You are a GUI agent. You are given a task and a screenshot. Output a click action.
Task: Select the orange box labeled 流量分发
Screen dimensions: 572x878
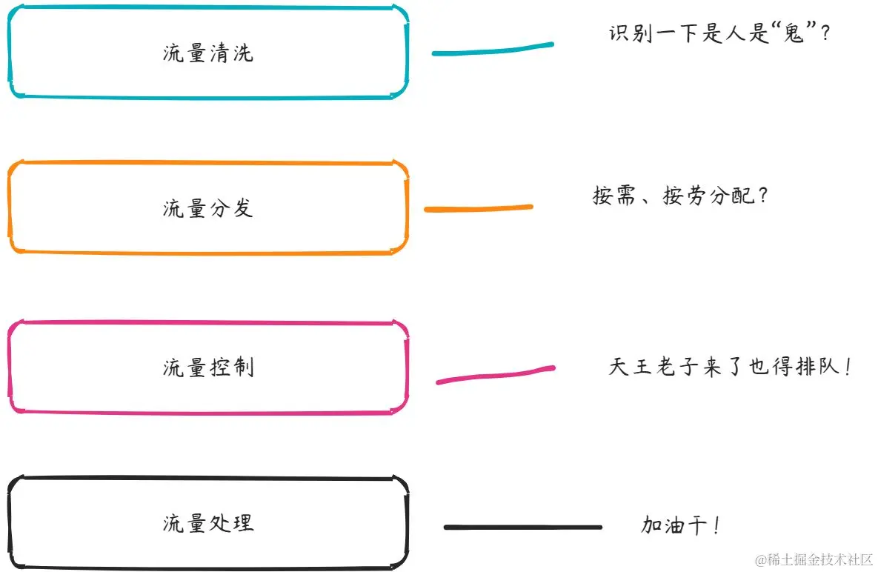pyautogui.click(x=207, y=208)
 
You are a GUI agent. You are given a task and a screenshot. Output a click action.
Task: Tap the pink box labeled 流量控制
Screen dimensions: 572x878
pyautogui.click(x=207, y=368)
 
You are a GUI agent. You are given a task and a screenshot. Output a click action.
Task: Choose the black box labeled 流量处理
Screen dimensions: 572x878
pyautogui.click(x=207, y=523)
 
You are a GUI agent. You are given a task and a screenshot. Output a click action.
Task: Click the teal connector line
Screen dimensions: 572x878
pyautogui.click(x=493, y=50)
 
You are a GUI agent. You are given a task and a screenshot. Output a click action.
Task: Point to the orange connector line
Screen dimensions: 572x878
pyautogui.click(x=478, y=208)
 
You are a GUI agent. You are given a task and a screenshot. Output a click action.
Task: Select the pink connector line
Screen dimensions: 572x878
pyautogui.click(x=495, y=374)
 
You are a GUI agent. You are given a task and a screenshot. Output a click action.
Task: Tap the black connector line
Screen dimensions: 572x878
pyautogui.click(x=522, y=528)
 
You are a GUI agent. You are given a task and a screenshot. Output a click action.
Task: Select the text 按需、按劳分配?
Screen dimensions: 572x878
pyautogui.click(x=680, y=196)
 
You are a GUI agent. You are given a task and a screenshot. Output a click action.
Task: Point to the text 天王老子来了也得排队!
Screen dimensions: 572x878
pyautogui.click(x=730, y=367)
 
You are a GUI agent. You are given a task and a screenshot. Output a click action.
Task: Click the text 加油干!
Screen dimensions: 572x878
pyautogui.click(x=680, y=526)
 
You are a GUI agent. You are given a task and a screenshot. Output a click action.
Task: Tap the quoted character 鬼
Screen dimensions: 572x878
pyautogui.click(x=794, y=34)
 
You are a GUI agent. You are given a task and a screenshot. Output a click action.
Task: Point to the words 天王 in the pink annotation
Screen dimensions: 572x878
pyautogui.click(x=631, y=367)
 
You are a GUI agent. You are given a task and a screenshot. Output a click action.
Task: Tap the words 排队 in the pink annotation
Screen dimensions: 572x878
pyautogui.click(x=815, y=367)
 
